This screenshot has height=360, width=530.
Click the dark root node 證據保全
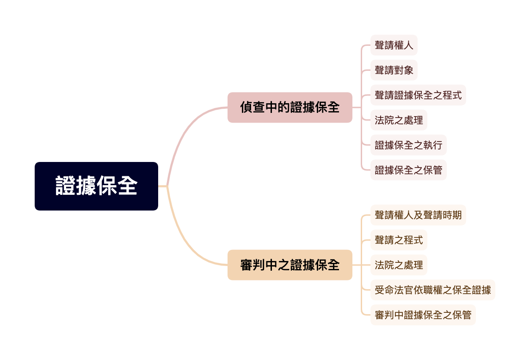96,186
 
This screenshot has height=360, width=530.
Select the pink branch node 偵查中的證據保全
290,107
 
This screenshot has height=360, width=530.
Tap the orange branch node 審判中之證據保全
290,265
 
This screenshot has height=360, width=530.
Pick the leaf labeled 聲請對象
394,70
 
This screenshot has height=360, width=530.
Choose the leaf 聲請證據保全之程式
418,95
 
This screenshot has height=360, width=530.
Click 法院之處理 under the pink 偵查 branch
398,120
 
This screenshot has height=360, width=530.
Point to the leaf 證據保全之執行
408,145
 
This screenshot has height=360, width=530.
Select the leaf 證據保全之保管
408,170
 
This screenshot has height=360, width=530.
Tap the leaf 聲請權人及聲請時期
418,215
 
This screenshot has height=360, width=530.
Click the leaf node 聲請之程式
398,240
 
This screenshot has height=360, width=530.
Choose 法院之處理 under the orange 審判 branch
398,265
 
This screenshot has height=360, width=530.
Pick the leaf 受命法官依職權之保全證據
432,290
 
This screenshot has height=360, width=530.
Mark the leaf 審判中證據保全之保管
423,315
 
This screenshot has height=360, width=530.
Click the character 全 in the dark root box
127,186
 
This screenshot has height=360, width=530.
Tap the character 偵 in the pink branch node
246,107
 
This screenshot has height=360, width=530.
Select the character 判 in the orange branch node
259,265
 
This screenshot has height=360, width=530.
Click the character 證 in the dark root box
66,186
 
